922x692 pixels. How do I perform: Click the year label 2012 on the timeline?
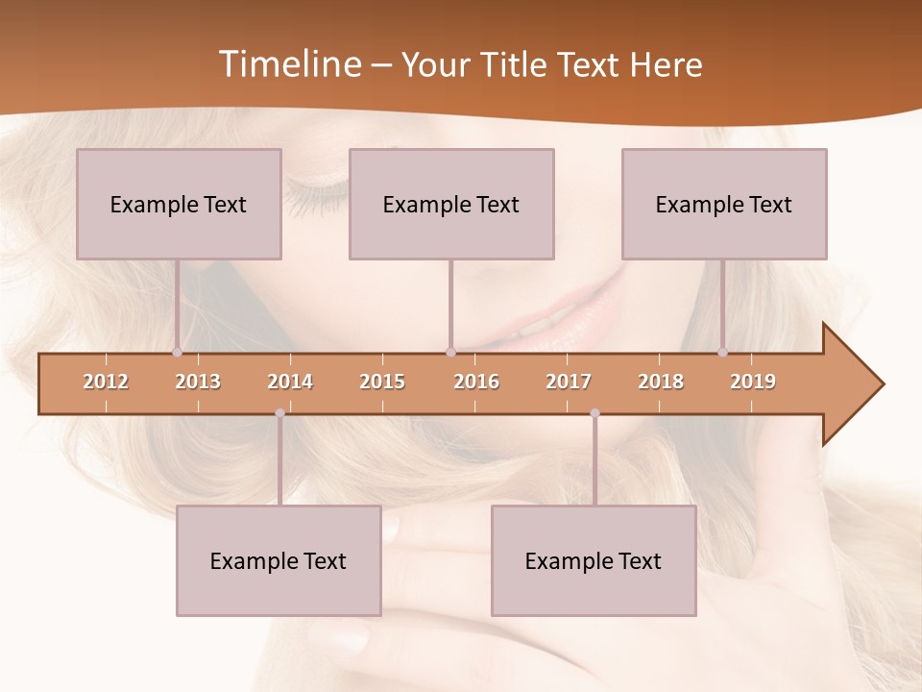point(106,382)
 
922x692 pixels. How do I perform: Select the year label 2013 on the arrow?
point(198,382)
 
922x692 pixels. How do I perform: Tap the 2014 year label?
point(290,382)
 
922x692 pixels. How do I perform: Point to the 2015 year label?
point(382,382)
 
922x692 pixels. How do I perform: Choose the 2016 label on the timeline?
point(476,382)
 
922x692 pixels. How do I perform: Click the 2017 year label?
point(569,382)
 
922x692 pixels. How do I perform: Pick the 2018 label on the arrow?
point(661,382)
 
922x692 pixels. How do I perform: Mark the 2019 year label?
point(753,382)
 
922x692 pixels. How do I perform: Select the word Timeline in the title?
point(288,64)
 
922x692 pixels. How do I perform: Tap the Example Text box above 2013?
point(179,204)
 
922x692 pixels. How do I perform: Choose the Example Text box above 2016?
point(451,204)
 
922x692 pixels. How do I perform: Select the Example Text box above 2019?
point(724,204)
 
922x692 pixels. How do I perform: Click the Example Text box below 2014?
point(279,560)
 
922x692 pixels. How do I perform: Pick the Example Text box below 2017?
point(594,560)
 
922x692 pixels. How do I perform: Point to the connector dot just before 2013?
point(177,352)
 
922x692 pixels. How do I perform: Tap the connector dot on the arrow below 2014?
point(279,413)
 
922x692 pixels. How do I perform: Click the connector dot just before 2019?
point(722,352)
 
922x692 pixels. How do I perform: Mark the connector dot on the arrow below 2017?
point(594,413)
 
